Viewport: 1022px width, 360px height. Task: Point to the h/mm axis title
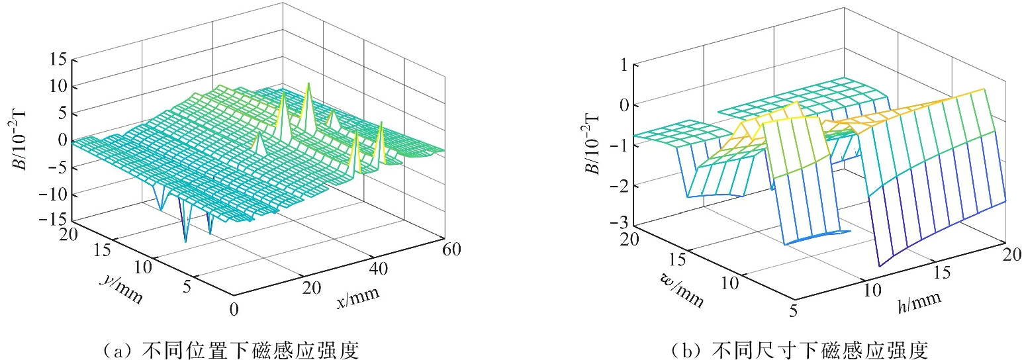pyautogui.click(x=919, y=301)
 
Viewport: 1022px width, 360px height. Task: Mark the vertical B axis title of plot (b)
pyautogui.click(x=594, y=144)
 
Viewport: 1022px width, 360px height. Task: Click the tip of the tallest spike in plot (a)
pyautogui.click(x=308, y=83)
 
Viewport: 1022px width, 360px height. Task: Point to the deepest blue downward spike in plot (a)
pyautogui.click(x=186, y=242)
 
